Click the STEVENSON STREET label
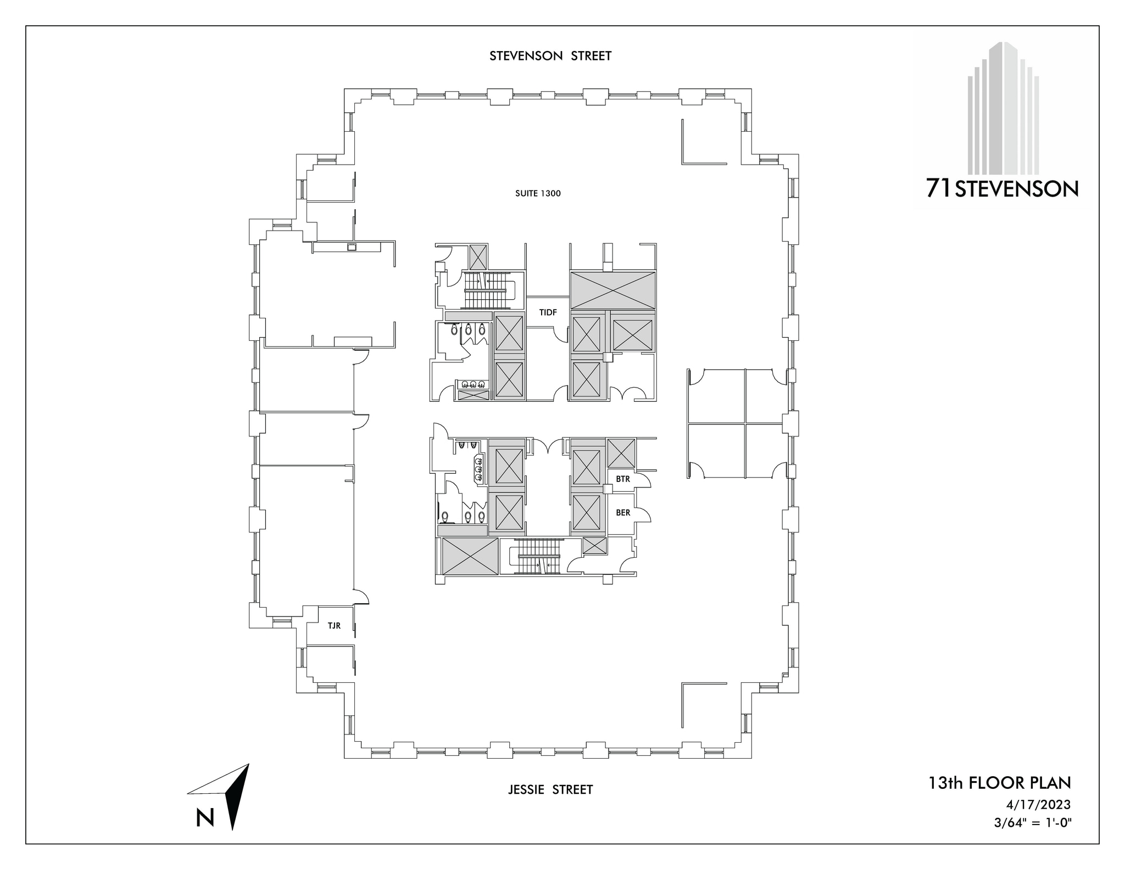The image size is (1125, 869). pos(550,56)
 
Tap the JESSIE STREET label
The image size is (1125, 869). pos(550,789)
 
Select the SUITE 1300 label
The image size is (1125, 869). pos(538,193)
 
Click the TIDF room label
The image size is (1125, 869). pos(548,312)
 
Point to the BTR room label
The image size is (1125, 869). pos(623,479)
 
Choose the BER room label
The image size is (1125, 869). pos(623,513)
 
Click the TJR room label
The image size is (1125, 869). pos(334,626)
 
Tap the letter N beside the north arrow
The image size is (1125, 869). pos(205,818)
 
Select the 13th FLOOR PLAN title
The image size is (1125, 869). pos(999,783)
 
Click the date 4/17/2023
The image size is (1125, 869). pos(1038,805)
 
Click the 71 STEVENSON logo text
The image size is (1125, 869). pos(1002,189)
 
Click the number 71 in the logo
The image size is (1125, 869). pos(939,189)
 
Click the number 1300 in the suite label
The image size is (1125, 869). pos(550,193)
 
